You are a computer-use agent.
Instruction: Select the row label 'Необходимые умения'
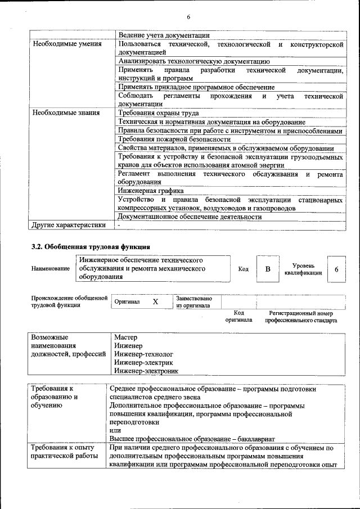[x=67, y=44]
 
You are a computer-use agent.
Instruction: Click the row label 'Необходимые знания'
[x=66, y=112]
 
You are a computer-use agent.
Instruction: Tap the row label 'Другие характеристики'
[x=69, y=226]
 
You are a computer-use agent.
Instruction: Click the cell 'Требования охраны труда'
[x=159, y=112]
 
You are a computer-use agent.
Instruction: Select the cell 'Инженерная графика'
[x=151, y=191]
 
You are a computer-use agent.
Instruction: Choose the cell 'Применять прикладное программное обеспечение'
[x=196, y=87]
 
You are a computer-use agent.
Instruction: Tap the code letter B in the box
[x=268, y=269]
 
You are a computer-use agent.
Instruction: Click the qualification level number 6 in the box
[x=336, y=269]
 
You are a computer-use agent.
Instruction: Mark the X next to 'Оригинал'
[x=155, y=302]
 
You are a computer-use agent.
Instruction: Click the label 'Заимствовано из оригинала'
[x=194, y=302]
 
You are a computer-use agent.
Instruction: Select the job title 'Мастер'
[x=126, y=337]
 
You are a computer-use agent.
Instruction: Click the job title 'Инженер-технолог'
[x=143, y=354]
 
